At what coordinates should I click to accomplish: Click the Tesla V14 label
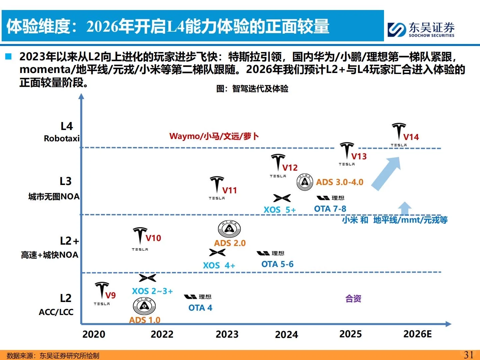pyautogui.click(x=411, y=137)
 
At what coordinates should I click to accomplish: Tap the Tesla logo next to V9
pyautogui.click(x=102, y=291)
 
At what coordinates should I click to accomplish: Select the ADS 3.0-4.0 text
pyautogui.click(x=339, y=182)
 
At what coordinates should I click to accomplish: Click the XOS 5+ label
pyautogui.click(x=279, y=210)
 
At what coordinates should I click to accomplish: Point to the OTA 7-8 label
pyautogui.click(x=330, y=209)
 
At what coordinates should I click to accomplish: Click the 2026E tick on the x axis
pyautogui.click(x=417, y=334)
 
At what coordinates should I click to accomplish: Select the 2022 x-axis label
pyautogui.click(x=162, y=334)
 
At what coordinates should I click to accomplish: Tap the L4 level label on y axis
pyautogui.click(x=66, y=126)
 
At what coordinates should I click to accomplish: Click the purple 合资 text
pyautogui.click(x=353, y=299)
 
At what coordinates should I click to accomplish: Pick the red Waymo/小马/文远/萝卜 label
pyautogui.click(x=214, y=136)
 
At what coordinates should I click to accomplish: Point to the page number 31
pyautogui.click(x=469, y=355)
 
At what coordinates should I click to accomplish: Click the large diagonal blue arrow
pyautogui.click(x=386, y=174)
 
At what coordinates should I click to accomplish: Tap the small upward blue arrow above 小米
pyautogui.click(x=405, y=209)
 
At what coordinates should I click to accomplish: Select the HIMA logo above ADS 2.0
pyautogui.click(x=229, y=229)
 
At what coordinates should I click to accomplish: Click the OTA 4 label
pyautogui.click(x=200, y=308)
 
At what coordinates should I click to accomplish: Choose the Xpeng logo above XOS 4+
pyautogui.click(x=217, y=253)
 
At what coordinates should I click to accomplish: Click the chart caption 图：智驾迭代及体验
pyautogui.click(x=252, y=89)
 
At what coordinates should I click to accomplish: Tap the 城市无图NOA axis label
pyautogui.click(x=54, y=197)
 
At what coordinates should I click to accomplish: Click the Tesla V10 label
pyautogui.click(x=153, y=238)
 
